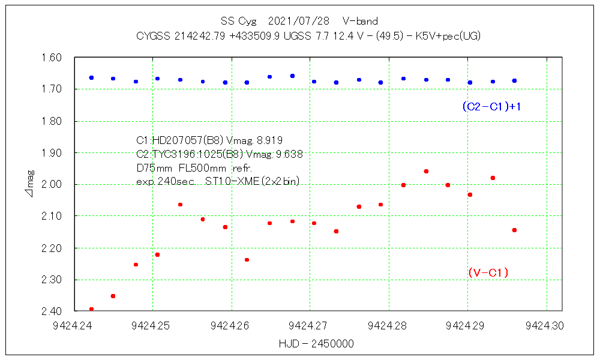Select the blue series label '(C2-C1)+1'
click(491, 106)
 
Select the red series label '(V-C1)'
click(488, 273)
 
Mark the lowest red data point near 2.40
click(91, 309)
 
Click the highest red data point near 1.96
click(426, 171)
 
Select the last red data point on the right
click(514, 230)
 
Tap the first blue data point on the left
click(91, 77)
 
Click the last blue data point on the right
click(514, 80)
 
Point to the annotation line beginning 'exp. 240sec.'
click(218, 181)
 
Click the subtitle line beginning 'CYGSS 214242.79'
click(308, 36)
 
